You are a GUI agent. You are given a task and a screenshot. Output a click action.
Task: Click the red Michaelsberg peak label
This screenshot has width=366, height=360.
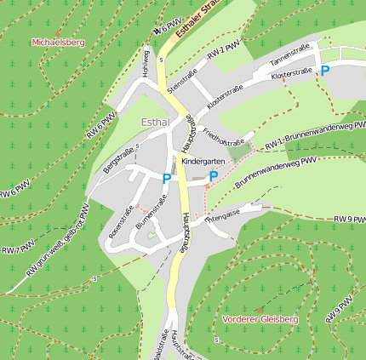point(58,42)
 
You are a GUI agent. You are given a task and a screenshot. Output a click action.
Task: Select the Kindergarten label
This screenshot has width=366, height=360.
point(203,161)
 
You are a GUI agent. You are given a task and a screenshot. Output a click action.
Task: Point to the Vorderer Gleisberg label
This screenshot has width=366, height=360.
point(260,319)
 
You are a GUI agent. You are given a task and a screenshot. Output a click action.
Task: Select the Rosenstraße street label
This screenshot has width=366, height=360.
point(121,219)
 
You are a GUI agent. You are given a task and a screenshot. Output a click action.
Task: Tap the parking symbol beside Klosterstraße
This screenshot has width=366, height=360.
point(324,72)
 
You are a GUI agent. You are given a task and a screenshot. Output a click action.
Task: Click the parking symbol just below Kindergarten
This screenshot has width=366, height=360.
point(214,176)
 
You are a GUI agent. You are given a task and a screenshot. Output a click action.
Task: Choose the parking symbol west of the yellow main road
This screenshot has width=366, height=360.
point(166,179)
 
